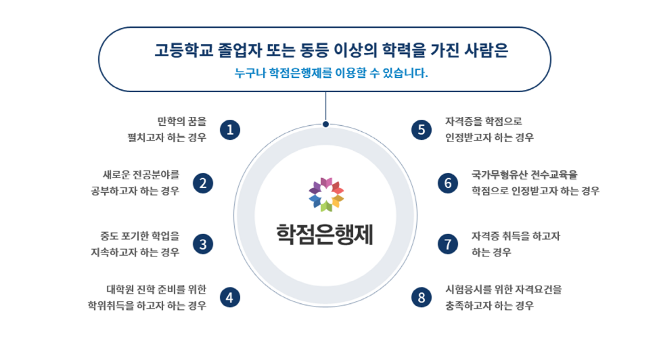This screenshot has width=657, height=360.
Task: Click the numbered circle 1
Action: [229, 130]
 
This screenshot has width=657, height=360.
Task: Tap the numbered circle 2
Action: [203, 183]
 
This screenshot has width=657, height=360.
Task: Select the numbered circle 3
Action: [203, 244]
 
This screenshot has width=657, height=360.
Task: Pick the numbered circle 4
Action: [229, 298]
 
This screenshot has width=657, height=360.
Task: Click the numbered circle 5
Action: [421, 130]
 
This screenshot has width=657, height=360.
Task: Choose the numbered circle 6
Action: [448, 183]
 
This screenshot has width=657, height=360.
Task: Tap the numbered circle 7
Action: [448, 244]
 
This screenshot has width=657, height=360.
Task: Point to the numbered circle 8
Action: [421, 298]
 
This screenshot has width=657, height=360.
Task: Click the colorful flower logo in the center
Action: [326, 194]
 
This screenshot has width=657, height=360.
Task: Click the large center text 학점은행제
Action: [325, 234]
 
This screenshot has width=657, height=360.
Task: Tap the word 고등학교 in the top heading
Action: [184, 50]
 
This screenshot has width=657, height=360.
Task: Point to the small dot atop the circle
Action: [325, 124]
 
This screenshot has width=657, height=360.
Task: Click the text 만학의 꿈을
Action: [182, 122]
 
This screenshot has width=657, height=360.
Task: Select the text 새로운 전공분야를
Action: [141, 175]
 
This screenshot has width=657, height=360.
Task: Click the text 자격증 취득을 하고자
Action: [516, 236]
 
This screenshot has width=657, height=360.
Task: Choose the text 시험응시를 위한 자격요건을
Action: [503, 290]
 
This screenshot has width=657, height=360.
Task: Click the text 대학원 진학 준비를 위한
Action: [156, 290]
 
